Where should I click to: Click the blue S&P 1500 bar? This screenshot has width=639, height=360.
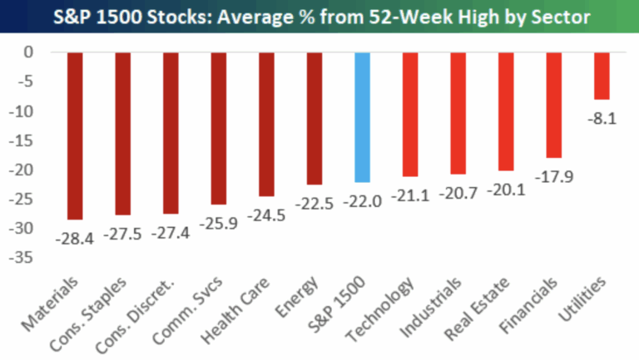[362, 117]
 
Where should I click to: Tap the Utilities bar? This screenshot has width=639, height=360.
[602, 76]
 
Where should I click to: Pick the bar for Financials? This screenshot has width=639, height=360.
[553, 105]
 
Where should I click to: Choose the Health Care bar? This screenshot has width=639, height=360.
[266, 124]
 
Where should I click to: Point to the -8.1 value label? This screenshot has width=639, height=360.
[602, 119]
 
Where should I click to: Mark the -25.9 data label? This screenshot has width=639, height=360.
[218, 224]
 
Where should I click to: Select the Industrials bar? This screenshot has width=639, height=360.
[458, 113]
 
